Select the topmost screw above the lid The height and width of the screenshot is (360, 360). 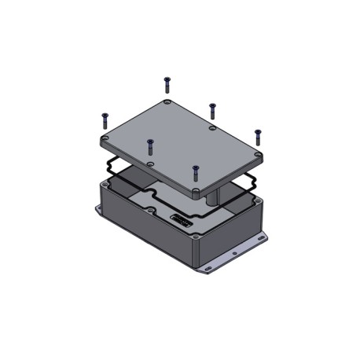[167, 83]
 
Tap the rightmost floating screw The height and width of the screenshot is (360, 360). [256, 135]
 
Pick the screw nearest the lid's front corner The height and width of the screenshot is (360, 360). [196, 171]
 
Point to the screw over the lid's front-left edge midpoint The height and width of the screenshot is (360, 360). [149, 145]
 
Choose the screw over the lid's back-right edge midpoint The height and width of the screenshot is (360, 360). [211, 108]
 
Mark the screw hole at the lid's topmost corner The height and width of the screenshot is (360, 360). [167, 103]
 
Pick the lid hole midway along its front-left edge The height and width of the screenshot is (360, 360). [150, 164]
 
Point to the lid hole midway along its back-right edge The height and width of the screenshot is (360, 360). [212, 128]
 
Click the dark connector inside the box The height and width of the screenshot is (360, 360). [182, 221]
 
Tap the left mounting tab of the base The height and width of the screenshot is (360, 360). [100, 210]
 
